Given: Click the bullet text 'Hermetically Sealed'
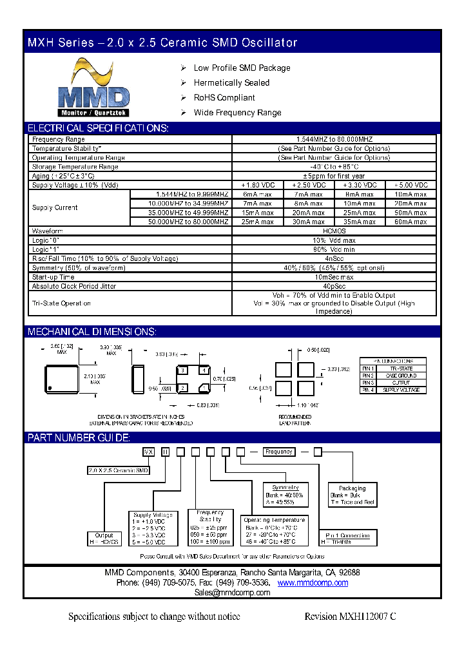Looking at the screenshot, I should click(231, 83).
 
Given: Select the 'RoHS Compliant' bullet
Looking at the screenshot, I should click(224, 98).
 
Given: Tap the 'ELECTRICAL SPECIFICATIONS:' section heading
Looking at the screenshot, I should click(97, 128).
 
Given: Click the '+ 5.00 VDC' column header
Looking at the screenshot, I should click(411, 185).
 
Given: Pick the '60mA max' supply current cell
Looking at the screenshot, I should click(411, 222).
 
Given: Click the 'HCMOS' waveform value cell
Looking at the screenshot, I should click(334, 231).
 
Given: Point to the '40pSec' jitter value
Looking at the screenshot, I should click(334, 286).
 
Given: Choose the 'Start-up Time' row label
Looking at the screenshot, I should click(53, 277).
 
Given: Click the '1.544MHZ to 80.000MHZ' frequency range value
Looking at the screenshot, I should click(334, 139).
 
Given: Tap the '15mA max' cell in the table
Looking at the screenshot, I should click(258, 213).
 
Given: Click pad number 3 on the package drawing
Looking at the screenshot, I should click(184, 370).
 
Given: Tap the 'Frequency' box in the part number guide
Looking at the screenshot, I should click(279, 452).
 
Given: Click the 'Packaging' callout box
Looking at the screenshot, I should click(352, 495).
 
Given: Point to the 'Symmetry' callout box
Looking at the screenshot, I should click(285, 495).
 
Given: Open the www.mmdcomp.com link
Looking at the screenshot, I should click(313, 582).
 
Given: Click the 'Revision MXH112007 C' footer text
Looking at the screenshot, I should click(350, 617).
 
